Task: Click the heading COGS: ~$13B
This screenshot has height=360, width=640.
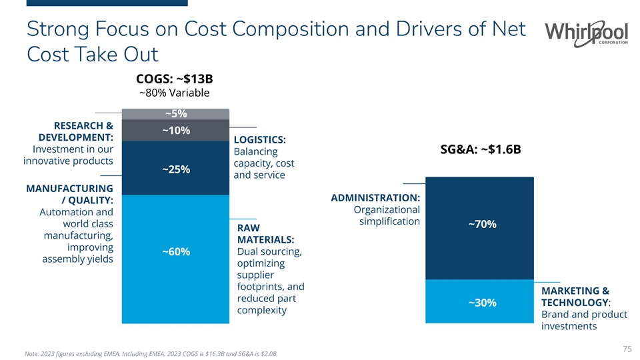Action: (174, 79)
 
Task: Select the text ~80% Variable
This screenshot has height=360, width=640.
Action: (174, 93)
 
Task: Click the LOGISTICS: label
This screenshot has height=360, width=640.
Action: (260, 139)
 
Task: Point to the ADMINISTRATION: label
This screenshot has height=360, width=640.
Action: (375, 198)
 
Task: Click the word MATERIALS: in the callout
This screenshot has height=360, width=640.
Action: (266, 239)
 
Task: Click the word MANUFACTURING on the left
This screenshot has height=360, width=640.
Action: (69, 189)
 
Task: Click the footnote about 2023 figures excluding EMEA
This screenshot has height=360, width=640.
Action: (151, 353)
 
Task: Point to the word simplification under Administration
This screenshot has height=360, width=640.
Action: (389, 221)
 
